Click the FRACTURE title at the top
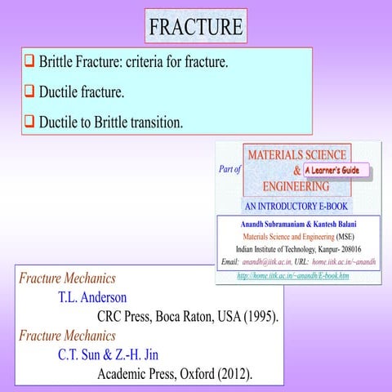pos(196,26)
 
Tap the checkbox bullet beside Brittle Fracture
pos(29,61)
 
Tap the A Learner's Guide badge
pos(336,171)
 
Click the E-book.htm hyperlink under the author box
pos(292,276)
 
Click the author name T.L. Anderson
pos(92,296)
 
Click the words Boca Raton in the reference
pos(172,316)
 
